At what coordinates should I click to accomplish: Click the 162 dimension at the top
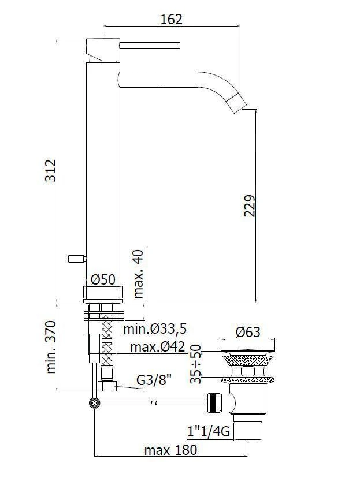click(x=172, y=19)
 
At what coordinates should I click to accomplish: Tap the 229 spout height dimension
click(x=249, y=206)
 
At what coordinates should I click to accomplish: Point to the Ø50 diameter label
click(x=103, y=279)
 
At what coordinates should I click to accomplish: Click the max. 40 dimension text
click(x=139, y=274)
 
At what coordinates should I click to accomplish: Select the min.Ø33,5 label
click(x=156, y=330)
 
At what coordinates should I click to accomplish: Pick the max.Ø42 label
click(x=157, y=348)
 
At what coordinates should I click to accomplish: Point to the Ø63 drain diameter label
click(x=248, y=332)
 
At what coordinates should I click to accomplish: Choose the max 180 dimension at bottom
click(x=170, y=450)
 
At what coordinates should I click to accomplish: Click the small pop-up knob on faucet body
click(x=76, y=258)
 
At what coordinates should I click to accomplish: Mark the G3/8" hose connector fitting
click(x=107, y=385)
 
